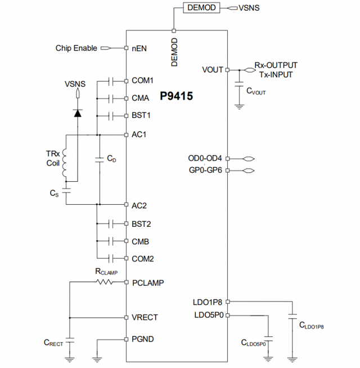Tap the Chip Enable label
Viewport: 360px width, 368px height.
tap(76, 48)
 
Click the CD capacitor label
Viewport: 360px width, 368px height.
tap(111, 159)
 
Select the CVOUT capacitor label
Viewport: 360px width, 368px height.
tap(255, 91)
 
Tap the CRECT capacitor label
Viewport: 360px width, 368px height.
tap(53, 342)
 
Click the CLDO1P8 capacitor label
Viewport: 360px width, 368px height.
tap(311, 325)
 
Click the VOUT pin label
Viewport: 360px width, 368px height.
tap(213, 70)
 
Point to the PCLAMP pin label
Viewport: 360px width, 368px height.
tap(147, 282)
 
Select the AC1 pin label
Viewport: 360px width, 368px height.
tap(139, 135)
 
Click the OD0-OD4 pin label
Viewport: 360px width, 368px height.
tap(206, 158)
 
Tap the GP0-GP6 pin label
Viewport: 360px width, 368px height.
tap(206, 170)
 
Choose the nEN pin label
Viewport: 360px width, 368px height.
tap(139, 48)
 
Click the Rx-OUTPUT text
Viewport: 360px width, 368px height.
tap(276, 65)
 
